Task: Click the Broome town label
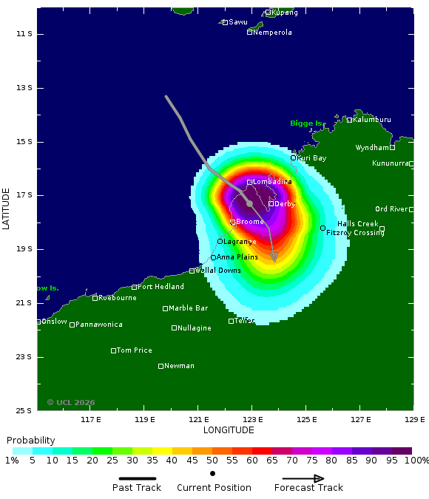[x=250, y=222]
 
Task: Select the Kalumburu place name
[x=372, y=119]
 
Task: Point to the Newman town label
[x=179, y=366]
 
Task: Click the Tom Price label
[x=135, y=350]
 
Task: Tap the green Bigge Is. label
[x=306, y=123]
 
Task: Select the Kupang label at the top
[x=285, y=13]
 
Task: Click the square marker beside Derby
[x=271, y=204]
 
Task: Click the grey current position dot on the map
[x=249, y=203]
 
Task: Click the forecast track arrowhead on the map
[x=274, y=257]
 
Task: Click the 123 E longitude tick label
[x=252, y=420]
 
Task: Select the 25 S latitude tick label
[x=26, y=410]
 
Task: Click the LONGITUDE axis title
[x=229, y=430]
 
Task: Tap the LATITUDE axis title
[x=7, y=208]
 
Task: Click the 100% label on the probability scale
[x=416, y=461]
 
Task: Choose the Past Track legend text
[x=138, y=487]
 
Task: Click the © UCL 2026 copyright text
[x=71, y=402]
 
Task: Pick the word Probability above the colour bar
[x=31, y=440]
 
